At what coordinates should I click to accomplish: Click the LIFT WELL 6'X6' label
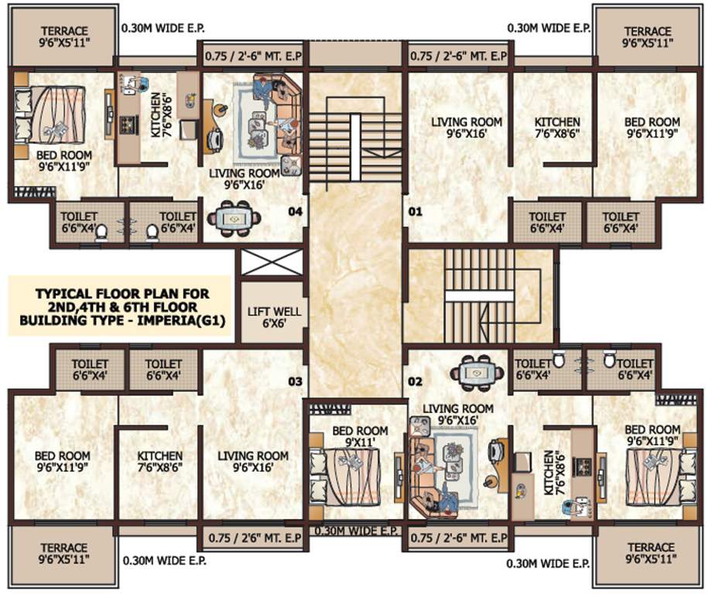pyautogui.click(x=264, y=318)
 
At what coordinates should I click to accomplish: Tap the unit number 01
pyautogui.click(x=415, y=210)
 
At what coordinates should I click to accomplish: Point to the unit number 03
pyautogui.click(x=294, y=381)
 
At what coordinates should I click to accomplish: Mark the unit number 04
pyautogui.click(x=294, y=210)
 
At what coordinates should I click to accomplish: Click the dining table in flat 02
pyautogui.click(x=477, y=371)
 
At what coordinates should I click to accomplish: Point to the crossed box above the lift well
pyautogui.click(x=264, y=263)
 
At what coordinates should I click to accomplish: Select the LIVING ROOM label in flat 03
pyautogui.click(x=253, y=462)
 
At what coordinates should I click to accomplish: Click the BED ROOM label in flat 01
pyautogui.click(x=652, y=128)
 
